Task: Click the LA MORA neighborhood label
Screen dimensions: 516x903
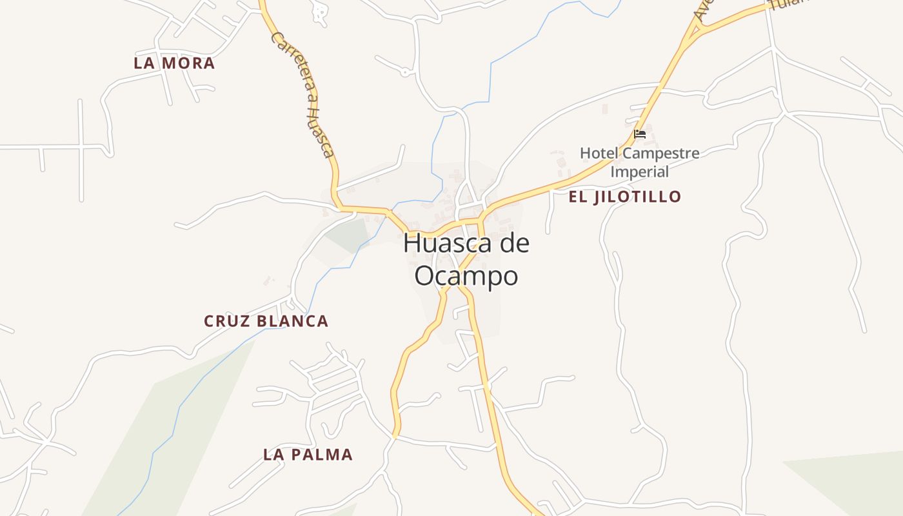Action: (x=174, y=63)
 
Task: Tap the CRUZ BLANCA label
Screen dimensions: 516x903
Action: (x=266, y=321)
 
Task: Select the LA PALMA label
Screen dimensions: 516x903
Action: (x=308, y=454)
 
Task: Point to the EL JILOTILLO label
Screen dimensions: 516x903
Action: (x=624, y=197)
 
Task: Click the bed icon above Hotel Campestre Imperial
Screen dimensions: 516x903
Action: (x=640, y=134)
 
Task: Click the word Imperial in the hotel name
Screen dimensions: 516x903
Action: (x=640, y=172)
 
